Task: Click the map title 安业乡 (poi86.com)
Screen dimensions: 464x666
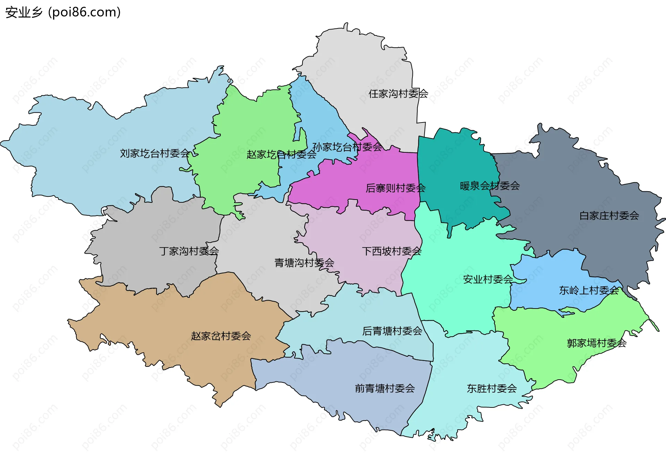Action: coord(63,12)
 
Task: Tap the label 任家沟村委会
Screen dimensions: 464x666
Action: coord(398,94)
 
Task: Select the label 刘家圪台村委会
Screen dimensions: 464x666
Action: coord(155,153)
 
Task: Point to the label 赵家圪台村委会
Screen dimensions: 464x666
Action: coord(281,155)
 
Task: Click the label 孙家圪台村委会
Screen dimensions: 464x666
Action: coord(347,147)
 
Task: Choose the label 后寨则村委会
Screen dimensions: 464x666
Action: coord(395,188)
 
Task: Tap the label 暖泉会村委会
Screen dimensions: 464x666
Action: coord(489,186)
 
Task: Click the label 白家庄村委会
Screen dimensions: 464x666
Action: coord(609,216)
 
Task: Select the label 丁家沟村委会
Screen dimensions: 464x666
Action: coord(189,251)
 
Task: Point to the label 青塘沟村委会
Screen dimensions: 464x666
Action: coord(304,263)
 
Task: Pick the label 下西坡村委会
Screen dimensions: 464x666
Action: coord(391,251)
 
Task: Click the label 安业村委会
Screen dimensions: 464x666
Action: coord(488,279)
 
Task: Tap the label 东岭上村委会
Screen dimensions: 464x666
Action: coord(589,290)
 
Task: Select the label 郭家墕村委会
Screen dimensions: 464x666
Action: coord(596,343)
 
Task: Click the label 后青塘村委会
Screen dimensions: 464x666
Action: coord(392,331)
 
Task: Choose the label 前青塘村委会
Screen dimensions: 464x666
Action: coord(385,388)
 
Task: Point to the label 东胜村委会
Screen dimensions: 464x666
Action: coord(492,388)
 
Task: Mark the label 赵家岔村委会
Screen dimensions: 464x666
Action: coord(221,336)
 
